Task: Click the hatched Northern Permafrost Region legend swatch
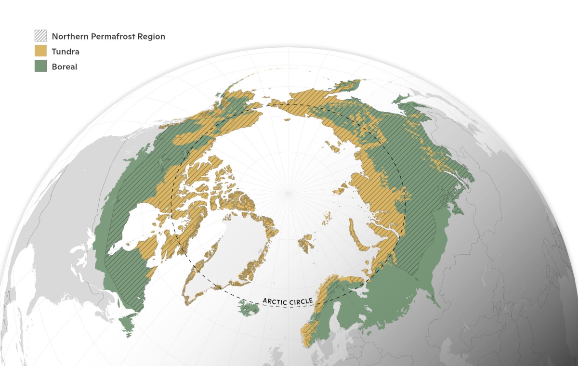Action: pyautogui.click(x=40, y=36)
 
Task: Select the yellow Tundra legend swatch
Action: pyautogui.click(x=40, y=51)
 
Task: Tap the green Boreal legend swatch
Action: pyautogui.click(x=40, y=66)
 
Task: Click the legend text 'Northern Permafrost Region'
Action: pyautogui.click(x=108, y=37)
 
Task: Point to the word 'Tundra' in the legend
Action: pyautogui.click(x=66, y=52)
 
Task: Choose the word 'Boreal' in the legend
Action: pyautogui.click(x=65, y=67)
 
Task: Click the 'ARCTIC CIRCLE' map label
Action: pyautogui.click(x=288, y=301)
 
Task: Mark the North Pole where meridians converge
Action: pyautogui.click(x=289, y=193)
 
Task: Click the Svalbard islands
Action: pyautogui.click(x=306, y=244)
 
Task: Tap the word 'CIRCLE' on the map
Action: pyautogui.click(x=302, y=301)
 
